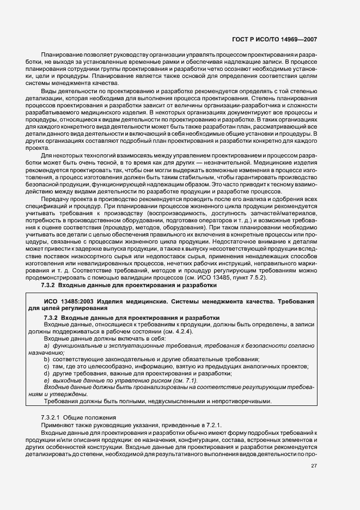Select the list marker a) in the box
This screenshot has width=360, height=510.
[x=47, y=346]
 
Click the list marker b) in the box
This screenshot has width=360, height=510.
[x=47, y=359]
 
